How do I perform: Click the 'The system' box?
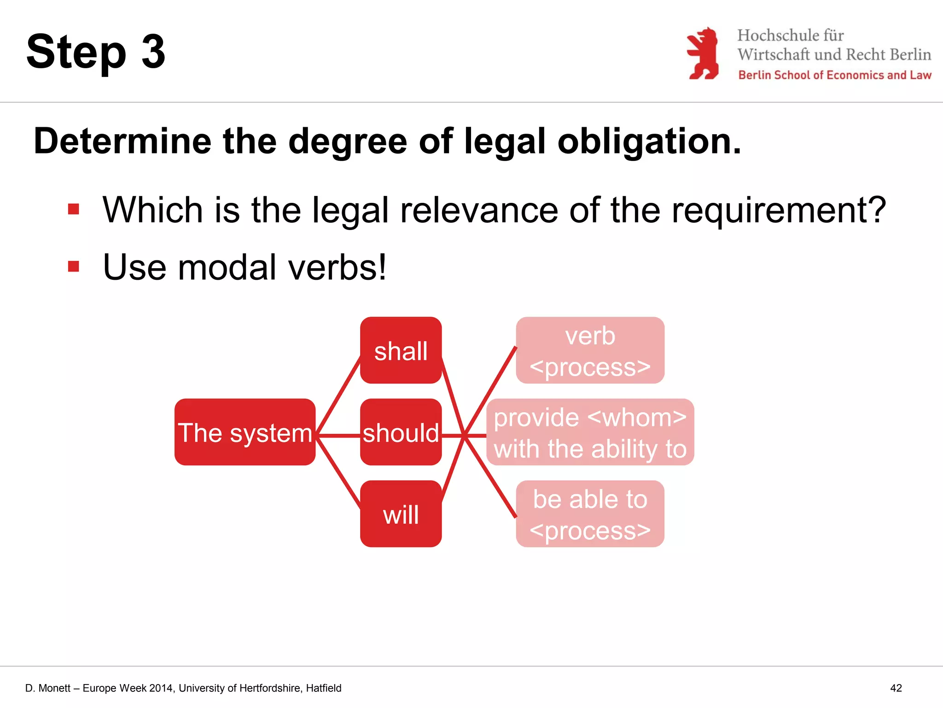pos(245,432)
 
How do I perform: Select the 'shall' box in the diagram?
pos(401,350)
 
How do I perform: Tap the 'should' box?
pos(401,432)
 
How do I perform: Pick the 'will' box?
pos(401,514)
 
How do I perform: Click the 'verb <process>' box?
pos(590,350)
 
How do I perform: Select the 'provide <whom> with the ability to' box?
pos(590,432)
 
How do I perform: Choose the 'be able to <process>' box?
pos(590,514)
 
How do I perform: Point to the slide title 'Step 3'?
pos(96,52)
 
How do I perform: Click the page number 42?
pos(896,688)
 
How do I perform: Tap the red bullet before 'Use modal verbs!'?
pos(74,266)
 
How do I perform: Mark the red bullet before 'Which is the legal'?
pos(74,210)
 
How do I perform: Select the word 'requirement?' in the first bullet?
pos(779,210)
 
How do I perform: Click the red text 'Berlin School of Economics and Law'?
pos(834,75)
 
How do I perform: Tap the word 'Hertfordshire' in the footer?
pos(264,688)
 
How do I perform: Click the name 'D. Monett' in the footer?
pos(48,688)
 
